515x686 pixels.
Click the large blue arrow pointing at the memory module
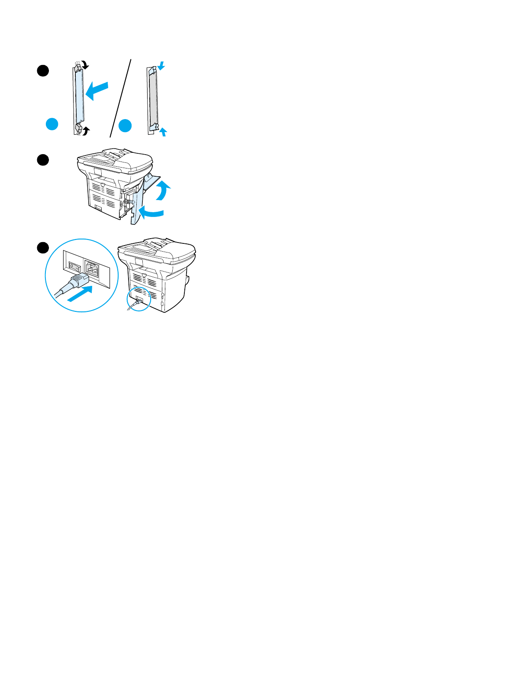[97, 91]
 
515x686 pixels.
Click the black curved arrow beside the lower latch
[86, 130]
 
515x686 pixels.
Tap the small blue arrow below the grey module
[163, 131]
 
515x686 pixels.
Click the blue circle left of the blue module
[52, 124]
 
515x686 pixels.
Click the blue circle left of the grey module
[125, 126]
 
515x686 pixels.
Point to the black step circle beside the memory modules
[42, 71]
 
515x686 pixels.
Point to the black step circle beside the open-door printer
[42, 160]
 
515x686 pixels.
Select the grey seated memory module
[153, 98]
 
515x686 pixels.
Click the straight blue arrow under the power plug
[80, 294]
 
